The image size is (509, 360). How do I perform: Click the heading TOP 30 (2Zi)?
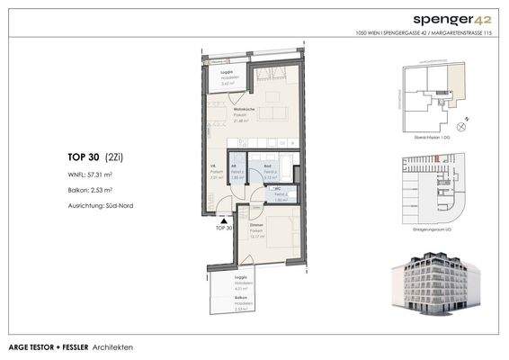pyautogui.click(x=94, y=156)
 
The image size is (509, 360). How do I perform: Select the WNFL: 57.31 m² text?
pyautogui.click(x=90, y=175)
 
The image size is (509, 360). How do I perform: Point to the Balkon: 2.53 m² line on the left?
pyautogui.click(x=89, y=190)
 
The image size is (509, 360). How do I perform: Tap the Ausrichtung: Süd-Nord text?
pyautogui.click(x=101, y=205)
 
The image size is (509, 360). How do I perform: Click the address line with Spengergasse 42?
pyautogui.click(x=427, y=33)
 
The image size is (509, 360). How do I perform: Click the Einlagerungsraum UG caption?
pyautogui.click(x=428, y=231)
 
